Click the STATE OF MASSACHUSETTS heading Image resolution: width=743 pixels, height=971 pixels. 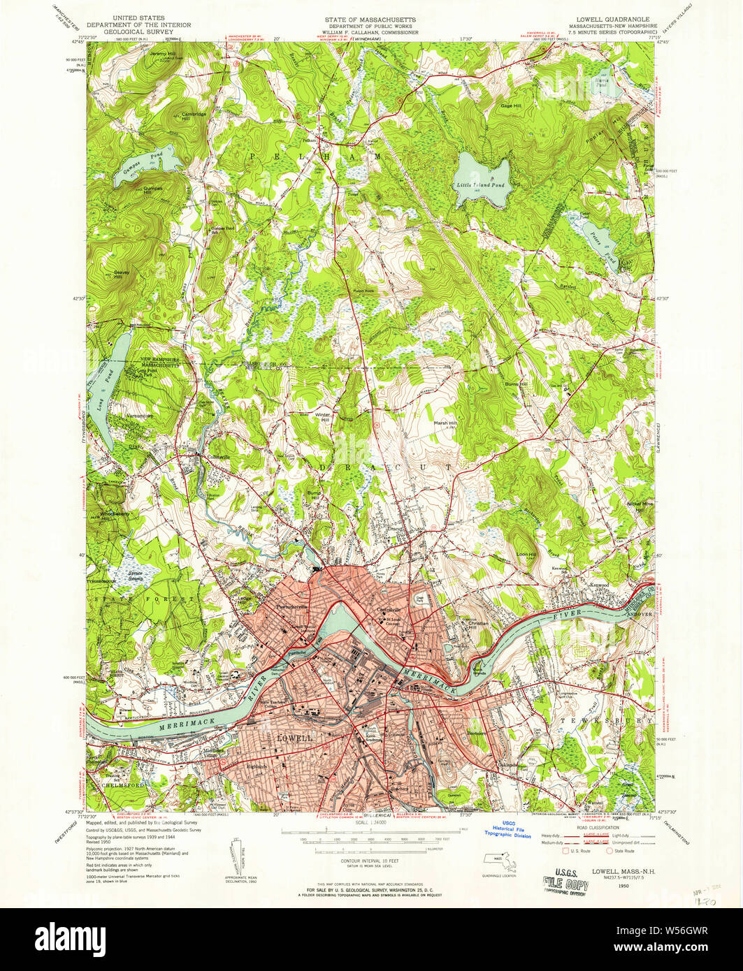click(x=370, y=19)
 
